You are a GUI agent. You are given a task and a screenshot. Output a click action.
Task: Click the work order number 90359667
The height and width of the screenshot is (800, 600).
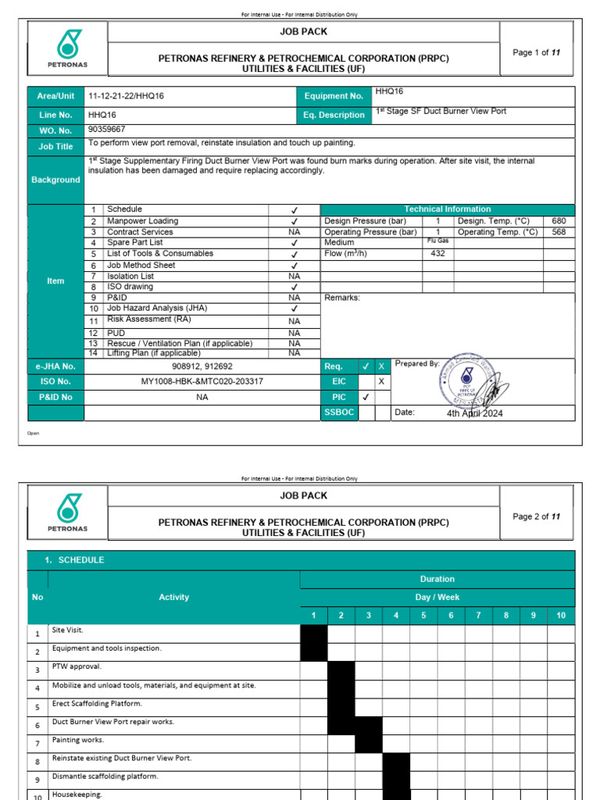[x=107, y=130]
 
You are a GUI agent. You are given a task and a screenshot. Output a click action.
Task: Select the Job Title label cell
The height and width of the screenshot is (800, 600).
[x=55, y=146]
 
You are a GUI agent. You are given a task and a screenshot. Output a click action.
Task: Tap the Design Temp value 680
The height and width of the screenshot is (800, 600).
[x=558, y=221]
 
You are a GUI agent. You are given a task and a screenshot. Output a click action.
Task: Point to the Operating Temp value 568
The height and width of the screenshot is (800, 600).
[x=558, y=232]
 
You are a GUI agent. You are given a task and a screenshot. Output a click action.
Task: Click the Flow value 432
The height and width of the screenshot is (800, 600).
[x=437, y=254]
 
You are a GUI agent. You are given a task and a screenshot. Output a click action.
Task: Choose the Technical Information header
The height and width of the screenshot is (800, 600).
[x=447, y=209]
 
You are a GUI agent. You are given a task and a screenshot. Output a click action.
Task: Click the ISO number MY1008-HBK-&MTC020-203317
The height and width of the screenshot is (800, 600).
[x=202, y=381]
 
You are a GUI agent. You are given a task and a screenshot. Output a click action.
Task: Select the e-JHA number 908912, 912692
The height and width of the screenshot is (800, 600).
[x=202, y=366]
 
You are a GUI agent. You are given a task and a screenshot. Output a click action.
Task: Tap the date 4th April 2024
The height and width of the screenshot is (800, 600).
[x=474, y=413]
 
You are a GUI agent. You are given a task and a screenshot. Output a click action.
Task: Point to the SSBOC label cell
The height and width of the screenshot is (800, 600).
[x=338, y=412]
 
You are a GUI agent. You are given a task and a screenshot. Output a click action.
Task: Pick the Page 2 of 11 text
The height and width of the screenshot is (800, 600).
[x=536, y=516]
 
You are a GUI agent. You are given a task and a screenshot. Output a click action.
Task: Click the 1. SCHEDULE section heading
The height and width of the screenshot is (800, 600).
[x=74, y=560]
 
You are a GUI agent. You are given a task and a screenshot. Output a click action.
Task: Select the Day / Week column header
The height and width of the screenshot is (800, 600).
[x=437, y=597]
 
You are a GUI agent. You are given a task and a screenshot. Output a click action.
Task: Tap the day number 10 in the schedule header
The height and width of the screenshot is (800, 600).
[x=560, y=616]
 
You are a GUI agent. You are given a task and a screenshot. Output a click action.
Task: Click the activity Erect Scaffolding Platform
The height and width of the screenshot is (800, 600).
[x=97, y=703]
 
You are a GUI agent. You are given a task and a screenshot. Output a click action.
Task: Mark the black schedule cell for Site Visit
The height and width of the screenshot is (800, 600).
[x=313, y=633]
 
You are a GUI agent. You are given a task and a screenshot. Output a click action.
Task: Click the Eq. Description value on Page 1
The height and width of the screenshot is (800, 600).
[x=441, y=111]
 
